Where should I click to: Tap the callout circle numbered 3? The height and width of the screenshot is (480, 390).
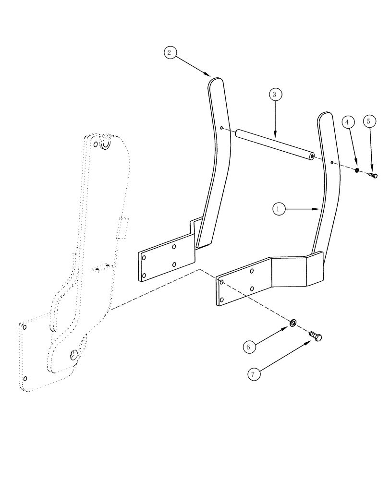(274, 94)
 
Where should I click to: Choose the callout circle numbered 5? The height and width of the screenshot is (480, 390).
(368, 121)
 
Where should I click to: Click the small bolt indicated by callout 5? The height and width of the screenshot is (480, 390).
(373, 175)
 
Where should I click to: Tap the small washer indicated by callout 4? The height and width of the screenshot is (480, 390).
(357, 170)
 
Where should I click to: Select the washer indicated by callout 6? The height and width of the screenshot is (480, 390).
(292, 322)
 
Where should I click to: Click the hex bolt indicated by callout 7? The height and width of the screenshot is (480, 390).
(315, 336)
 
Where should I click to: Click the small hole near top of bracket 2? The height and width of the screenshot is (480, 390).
(221, 128)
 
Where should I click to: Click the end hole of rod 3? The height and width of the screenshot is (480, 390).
(312, 156)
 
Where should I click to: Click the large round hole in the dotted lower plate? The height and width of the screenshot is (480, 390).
(74, 355)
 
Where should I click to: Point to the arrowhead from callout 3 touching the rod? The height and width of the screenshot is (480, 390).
(275, 136)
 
